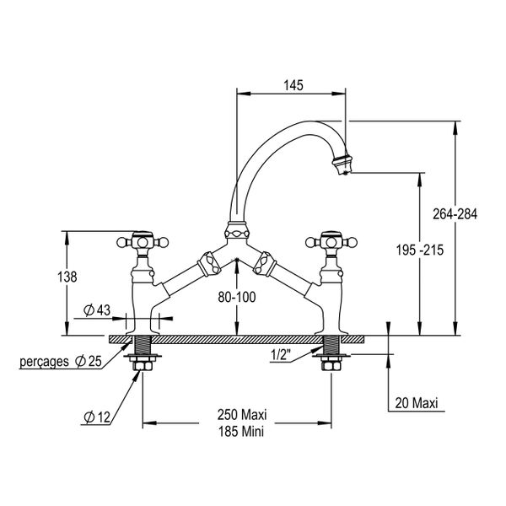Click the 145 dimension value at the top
293,86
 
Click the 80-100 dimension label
237,297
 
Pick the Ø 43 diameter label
98,310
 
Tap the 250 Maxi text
241,415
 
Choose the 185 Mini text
241,430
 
